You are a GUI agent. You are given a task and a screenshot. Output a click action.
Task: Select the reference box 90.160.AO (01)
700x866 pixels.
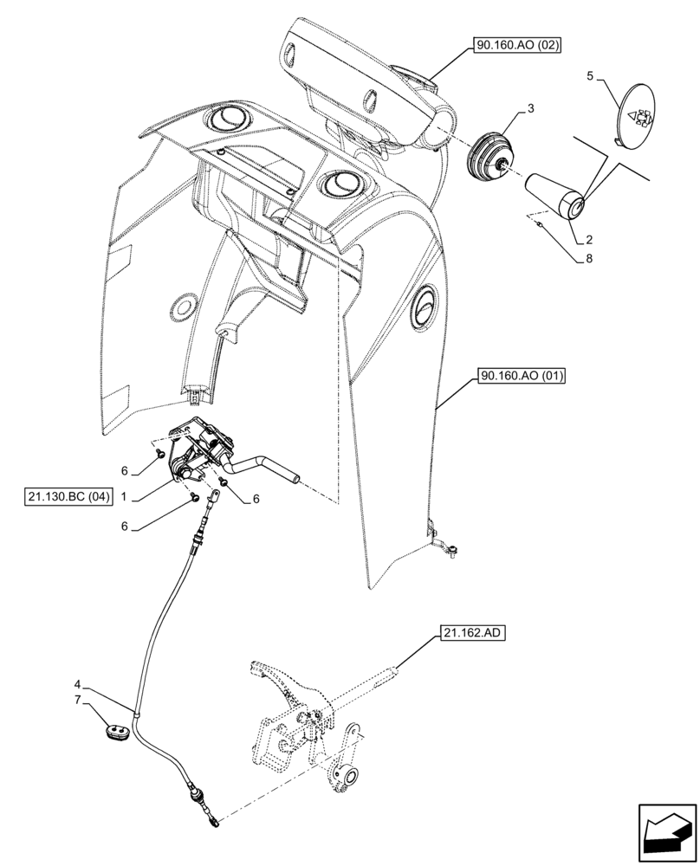[x=517, y=377]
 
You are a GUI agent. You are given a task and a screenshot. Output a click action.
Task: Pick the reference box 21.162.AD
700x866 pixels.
[x=475, y=633]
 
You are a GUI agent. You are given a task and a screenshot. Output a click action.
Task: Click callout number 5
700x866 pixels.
[x=590, y=76]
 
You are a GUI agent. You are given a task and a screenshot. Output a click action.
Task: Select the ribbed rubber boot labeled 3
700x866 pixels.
[x=491, y=158]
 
